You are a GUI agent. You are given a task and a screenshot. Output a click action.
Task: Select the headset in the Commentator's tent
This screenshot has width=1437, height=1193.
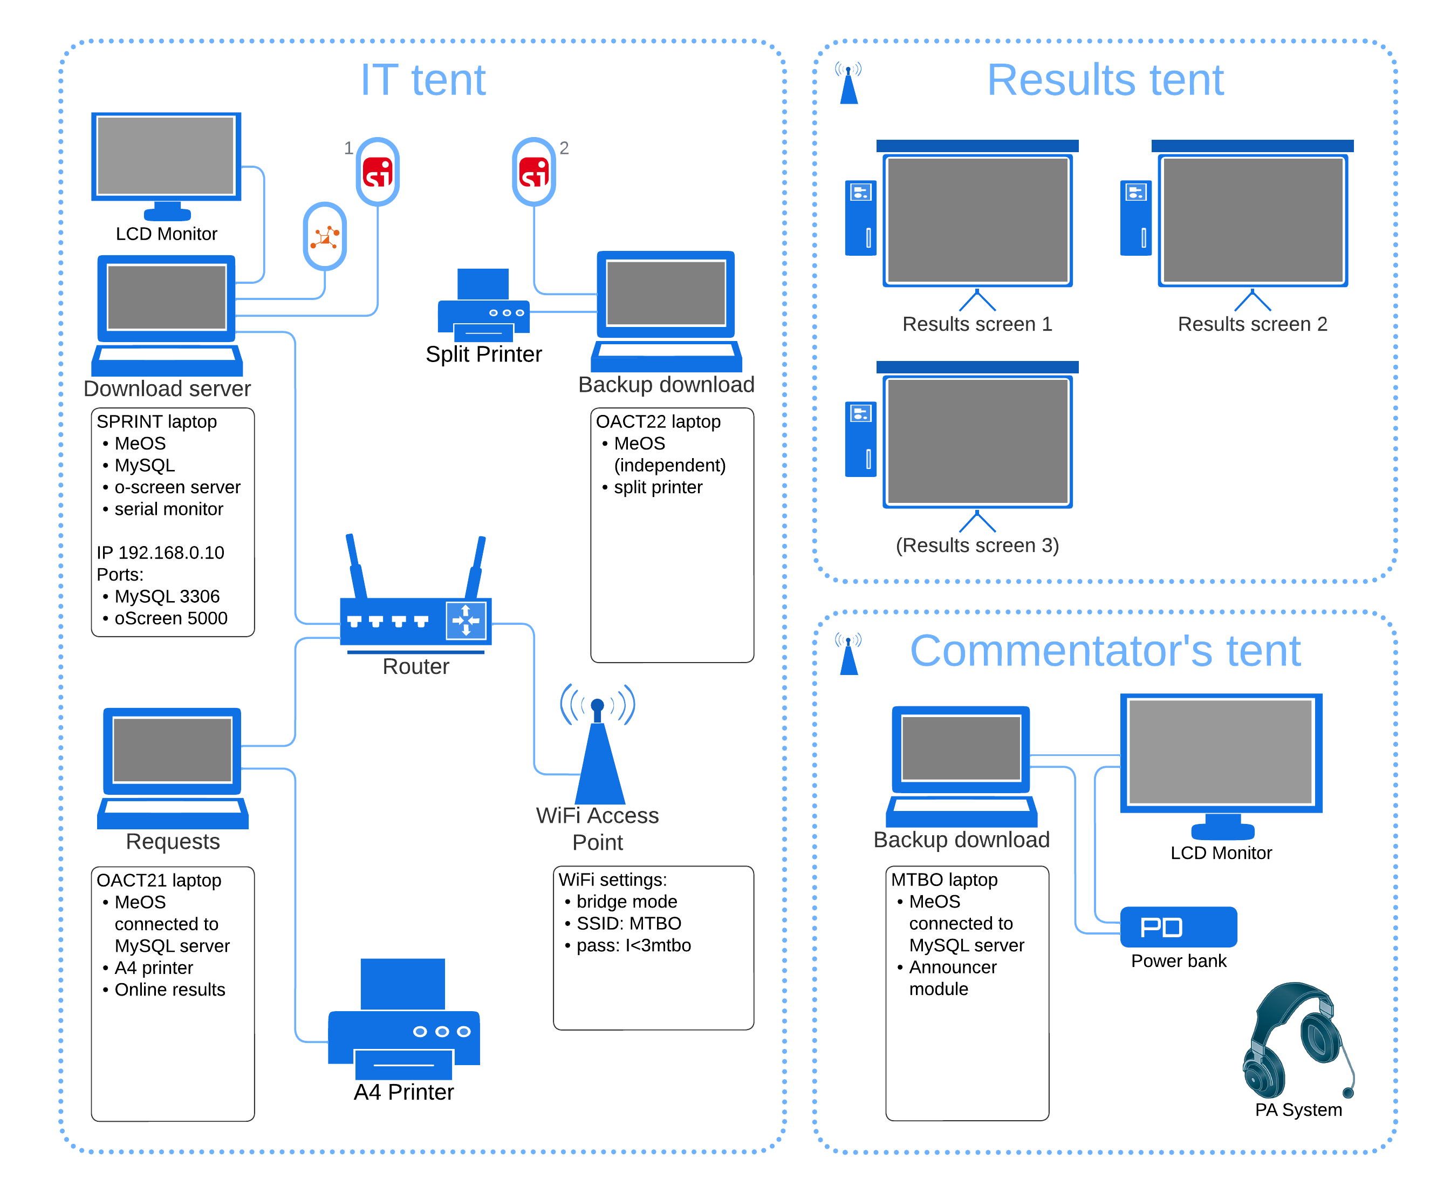(x=1297, y=1040)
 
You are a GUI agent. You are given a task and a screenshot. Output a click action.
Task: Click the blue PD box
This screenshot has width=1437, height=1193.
(x=1178, y=927)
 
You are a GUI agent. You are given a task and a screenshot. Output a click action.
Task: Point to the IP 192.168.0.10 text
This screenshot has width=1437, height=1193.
(x=160, y=553)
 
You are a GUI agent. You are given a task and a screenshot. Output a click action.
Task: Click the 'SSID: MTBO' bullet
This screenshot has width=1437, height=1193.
(x=628, y=923)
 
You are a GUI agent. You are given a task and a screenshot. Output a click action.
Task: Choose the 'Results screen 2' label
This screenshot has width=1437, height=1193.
(x=1252, y=324)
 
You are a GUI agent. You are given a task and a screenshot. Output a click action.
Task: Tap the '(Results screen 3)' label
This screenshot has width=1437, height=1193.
(x=977, y=545)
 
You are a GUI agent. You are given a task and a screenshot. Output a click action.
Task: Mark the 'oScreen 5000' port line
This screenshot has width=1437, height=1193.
(x=170, y=618)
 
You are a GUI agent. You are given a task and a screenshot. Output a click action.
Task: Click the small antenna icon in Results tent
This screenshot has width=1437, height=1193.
(x=848, y=84)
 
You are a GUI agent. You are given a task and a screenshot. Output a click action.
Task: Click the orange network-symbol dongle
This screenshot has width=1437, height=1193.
(x=325, y=236)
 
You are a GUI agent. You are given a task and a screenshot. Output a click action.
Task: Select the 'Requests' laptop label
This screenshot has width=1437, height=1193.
(x=173, y=841)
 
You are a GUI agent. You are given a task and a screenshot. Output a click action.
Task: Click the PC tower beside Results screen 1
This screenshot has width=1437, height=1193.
(x=860, y=217)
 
